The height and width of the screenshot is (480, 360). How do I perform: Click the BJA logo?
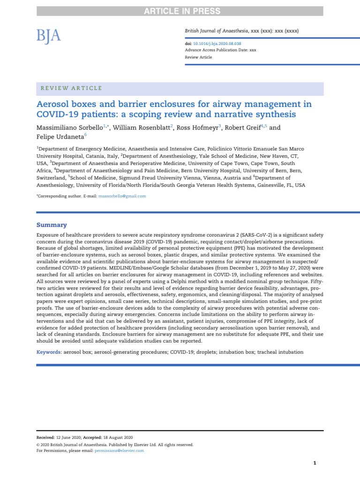[x=49, y=35]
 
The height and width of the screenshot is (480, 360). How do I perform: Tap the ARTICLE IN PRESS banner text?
[x=180, y=11]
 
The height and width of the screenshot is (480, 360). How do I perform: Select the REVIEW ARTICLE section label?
[x=70, y=88]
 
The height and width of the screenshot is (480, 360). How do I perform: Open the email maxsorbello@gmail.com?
[x=122, y=196]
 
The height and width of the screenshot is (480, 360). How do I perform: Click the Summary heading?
[x=52, y=225]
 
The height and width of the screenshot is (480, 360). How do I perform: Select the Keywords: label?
[x=49, y=352]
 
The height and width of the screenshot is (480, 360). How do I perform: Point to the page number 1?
[x=315, y=463]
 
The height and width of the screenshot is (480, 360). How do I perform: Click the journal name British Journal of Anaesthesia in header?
[x=218, y=31]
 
